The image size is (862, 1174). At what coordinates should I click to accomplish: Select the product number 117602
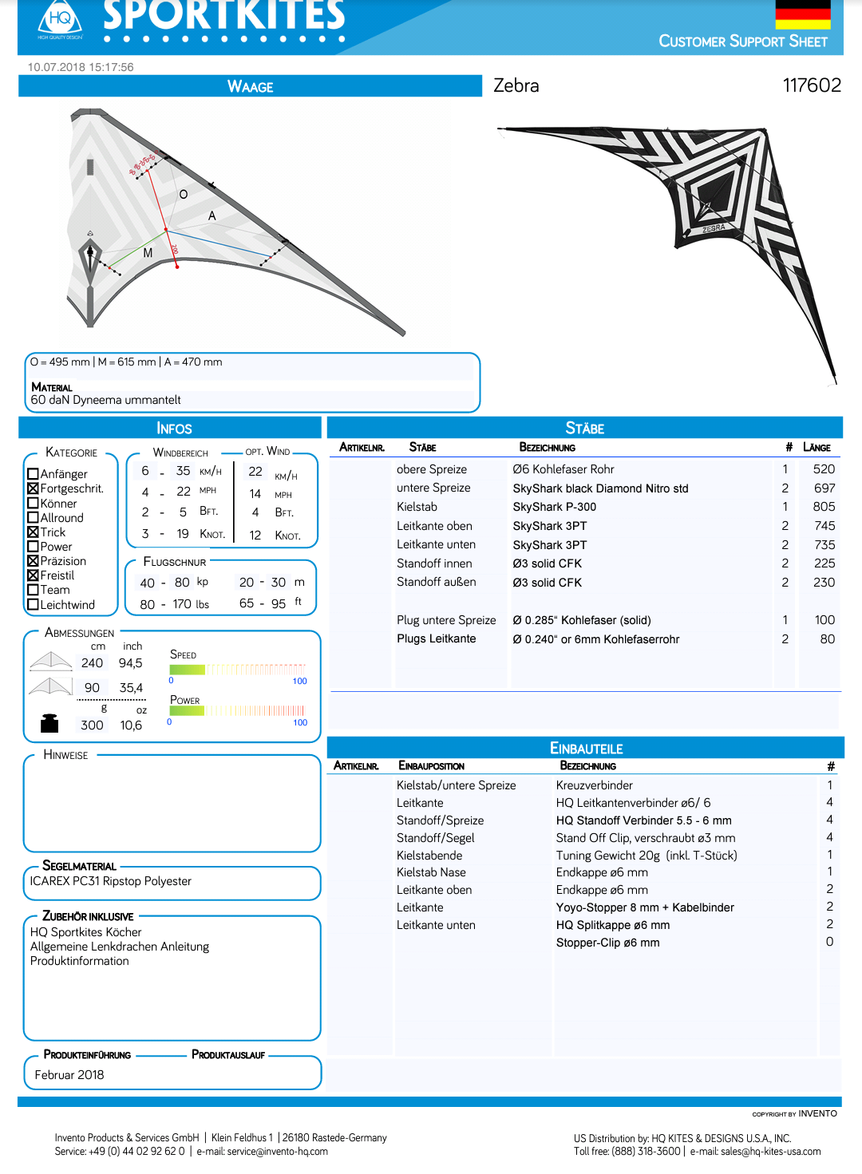[812, 85]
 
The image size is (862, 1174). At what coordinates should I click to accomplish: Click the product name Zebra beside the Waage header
[516, 85]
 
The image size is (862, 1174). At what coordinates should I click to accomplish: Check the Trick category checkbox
[34, 532]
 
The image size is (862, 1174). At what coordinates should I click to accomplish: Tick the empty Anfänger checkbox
[34, 474]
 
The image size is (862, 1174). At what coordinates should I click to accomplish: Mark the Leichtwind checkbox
[34, 605]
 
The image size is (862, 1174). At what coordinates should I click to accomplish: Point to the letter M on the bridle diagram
[148, 253]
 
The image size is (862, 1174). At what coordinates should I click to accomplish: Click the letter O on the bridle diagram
[184, 195]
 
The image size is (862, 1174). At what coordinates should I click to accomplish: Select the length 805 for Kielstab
[824, 507]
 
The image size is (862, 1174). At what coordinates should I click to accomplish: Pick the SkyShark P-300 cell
[554, 507]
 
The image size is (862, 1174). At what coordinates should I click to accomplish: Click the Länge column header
[817, 448]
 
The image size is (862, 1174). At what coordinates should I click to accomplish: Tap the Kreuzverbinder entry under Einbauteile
[594, 785]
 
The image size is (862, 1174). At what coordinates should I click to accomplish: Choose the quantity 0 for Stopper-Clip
[829, 942]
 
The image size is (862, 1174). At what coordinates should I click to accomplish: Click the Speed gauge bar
[238, 670]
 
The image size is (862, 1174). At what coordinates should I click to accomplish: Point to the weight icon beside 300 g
[49, 723]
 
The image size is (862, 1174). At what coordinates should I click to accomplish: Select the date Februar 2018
[69, 1075]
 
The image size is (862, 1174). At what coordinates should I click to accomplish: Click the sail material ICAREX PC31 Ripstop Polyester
[111, 881]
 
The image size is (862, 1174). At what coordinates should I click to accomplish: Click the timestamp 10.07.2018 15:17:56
[81, 67]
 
